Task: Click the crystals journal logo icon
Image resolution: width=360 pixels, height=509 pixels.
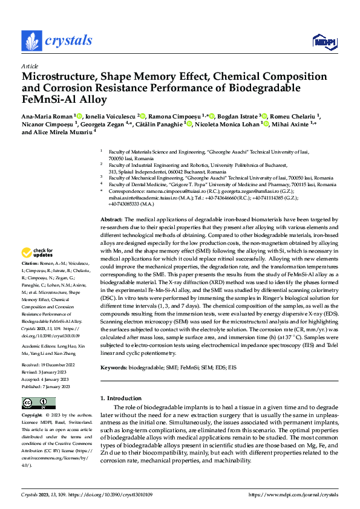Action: tap(31, 41)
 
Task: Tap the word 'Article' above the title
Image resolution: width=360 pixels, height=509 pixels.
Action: tap(30, 66)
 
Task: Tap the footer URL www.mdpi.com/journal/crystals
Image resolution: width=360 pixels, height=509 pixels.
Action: tap(293, 494)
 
